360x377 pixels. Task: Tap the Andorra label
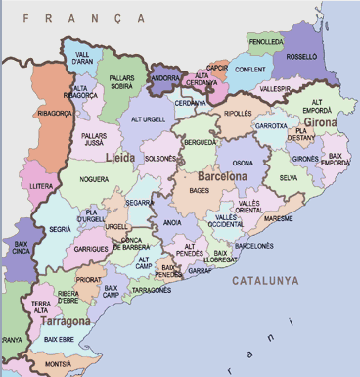tap(164, 77)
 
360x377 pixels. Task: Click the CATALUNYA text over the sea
tap(265, 281)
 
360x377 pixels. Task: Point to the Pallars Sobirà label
tap(122, 81)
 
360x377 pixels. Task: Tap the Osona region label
tap(242, 163)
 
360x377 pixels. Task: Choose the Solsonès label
tap(160, 158)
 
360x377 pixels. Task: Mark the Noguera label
tap(95, 179)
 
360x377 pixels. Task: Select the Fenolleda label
tap(265, 43)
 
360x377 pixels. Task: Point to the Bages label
tap(199, 190)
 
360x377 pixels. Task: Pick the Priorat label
tap(89, 279)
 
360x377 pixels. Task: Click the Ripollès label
tap(238, 113)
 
